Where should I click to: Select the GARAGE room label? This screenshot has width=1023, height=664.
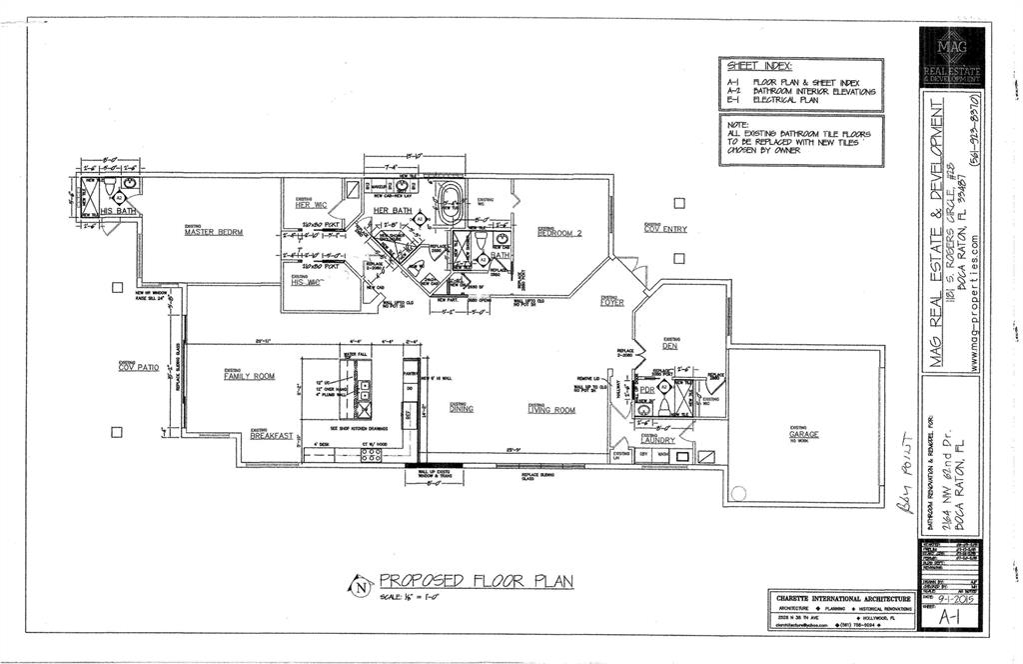tap(803, 435)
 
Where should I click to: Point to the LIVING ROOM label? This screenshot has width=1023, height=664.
tap(551, 409)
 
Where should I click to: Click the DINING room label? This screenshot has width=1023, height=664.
tap(462, 408)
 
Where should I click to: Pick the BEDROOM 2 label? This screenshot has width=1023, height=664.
tap(559, 233)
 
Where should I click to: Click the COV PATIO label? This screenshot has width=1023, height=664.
tap(139, 368)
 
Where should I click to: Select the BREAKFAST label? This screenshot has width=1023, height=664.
tap(272, 436)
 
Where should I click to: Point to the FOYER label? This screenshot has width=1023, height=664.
tap(612, 302)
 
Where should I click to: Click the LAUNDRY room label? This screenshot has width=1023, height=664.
tap(657, 440)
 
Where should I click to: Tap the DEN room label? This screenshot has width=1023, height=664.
tap(669, 346)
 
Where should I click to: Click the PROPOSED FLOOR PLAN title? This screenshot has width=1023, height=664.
tap(476, 581)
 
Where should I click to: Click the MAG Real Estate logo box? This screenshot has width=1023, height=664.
tap(952, 58)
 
